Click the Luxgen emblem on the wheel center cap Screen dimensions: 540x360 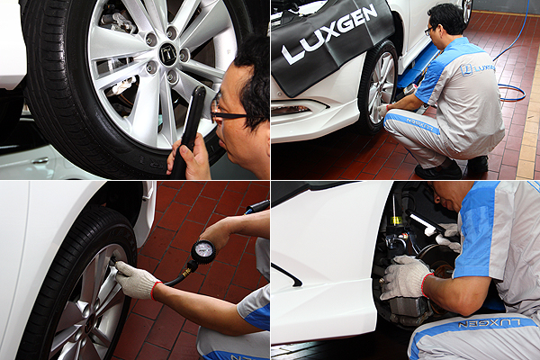pos(167,51)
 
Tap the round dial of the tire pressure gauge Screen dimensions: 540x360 pos(203,252)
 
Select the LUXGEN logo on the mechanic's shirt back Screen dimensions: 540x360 pos(477,69)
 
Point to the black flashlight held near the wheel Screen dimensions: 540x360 pos(189,130)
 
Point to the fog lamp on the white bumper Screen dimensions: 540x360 pos(292,110)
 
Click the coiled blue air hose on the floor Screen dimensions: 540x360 pos(512,92)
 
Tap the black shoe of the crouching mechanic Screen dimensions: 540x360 pos(438,171)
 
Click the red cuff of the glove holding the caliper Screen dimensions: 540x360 pos(427,284)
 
